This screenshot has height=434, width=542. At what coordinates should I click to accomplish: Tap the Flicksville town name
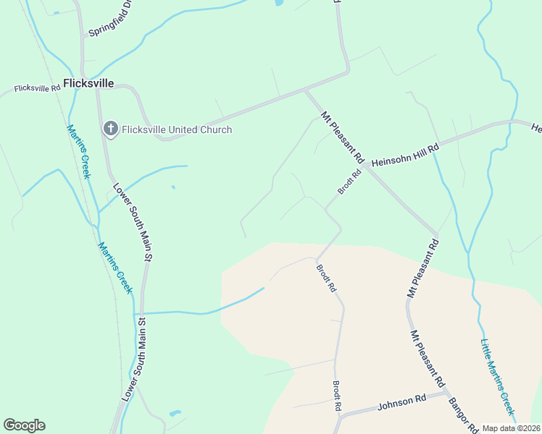[88, 83]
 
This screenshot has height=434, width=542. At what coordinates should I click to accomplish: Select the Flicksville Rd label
[37, 88]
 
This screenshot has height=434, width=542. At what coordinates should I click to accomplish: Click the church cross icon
[110, 129]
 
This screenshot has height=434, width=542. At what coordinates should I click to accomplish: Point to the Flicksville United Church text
[177, 130]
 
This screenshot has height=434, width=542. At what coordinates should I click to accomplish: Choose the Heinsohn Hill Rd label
[406, 156]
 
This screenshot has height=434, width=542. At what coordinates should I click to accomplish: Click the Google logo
[24, 425]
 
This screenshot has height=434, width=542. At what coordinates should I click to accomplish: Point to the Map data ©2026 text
[510, 428]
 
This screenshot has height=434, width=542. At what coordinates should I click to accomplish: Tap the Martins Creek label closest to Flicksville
[78, 151]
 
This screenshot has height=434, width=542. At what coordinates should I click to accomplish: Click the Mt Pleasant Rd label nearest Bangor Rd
[428, 358]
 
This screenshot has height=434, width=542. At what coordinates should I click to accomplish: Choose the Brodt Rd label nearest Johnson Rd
[337, 396]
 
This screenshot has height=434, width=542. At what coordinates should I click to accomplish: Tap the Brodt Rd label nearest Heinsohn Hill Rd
[349, 182]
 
